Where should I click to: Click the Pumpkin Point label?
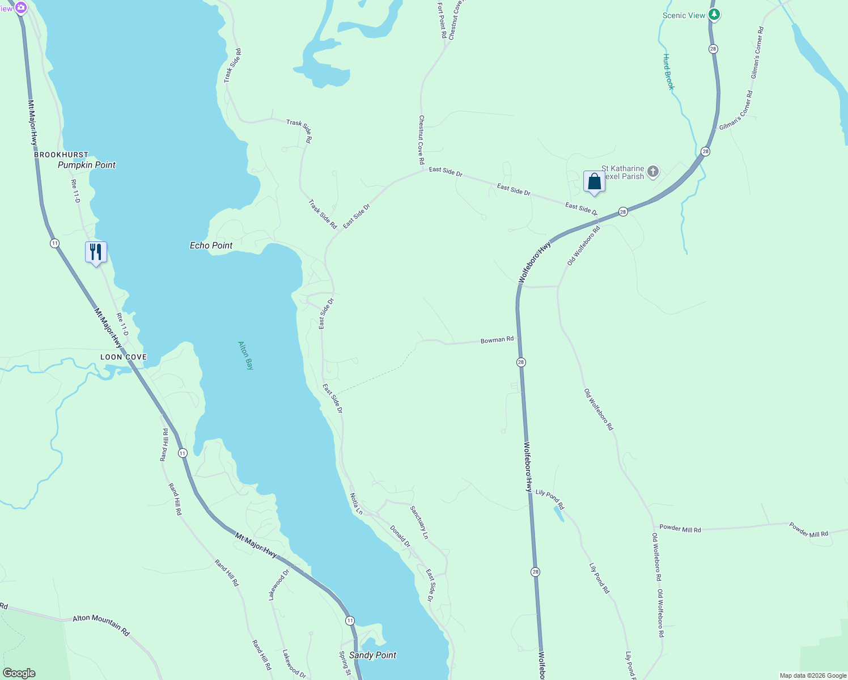coord(87,165)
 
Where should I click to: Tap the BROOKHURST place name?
coord(61,155)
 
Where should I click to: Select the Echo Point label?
coord(211,245)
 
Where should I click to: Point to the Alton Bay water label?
coord(246,355)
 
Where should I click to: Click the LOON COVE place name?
coord(124,357)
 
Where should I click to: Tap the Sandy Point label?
coord(372,655)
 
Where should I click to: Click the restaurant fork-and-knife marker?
coord(96,252)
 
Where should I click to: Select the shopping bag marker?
coord(594,182)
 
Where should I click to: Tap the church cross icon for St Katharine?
coord(653,171)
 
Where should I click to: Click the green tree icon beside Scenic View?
coord(714,15)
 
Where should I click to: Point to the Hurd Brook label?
coord(669,72)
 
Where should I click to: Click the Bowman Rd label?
coord(497,340)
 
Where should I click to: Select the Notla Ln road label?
coord(356,504)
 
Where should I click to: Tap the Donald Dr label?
coord(400,536)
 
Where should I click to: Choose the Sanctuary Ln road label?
coord(419,522)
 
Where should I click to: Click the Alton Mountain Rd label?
coord(101,625)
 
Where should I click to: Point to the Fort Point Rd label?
coord(442,20)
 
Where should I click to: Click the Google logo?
coord(19,673)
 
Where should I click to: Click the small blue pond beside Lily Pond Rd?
coord(558,513)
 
